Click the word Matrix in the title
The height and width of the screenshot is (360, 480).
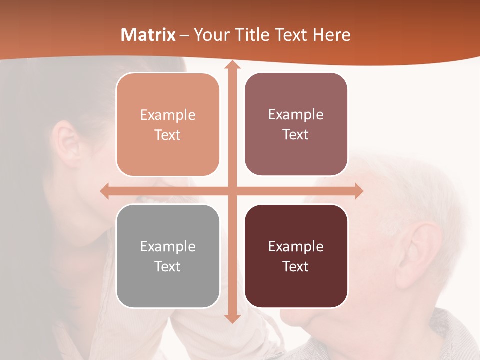(x=148, y=35)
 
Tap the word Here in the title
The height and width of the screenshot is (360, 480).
(x=331, y=35)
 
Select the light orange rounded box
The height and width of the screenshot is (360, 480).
(x=167, y=124)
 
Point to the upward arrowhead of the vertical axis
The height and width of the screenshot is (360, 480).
(x=232, y=64)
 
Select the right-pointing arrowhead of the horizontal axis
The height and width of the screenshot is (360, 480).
(x=358, y=191)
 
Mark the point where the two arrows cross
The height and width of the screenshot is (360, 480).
(x=232, y=191)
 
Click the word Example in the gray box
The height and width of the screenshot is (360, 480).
(x=167, y=246)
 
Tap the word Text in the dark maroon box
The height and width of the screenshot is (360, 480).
(x=296, y=267)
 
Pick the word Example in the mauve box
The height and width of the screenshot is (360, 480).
(x=296, y=114)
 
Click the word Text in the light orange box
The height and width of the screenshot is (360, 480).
(x=167, y=135)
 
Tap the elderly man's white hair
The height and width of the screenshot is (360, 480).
(x=400, y=185)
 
